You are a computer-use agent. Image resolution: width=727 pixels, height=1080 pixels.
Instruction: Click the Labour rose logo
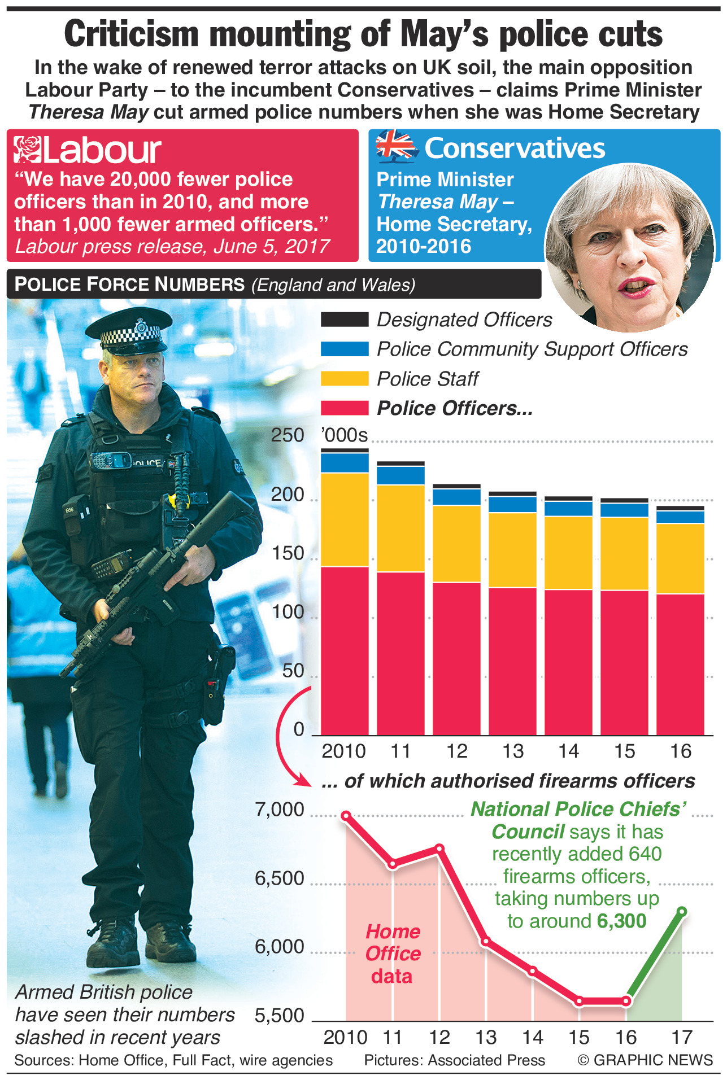[28, 149]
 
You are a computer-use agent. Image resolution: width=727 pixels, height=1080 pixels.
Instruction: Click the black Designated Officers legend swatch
[344, 320]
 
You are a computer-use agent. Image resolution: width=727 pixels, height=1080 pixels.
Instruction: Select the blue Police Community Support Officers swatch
[344, 349]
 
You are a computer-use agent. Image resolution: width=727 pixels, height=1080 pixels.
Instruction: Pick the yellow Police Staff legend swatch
[344, 378]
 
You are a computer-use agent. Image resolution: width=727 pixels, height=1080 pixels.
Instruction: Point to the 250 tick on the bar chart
[288, 435]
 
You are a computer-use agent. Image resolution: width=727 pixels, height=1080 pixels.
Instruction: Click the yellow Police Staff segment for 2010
[345, 519]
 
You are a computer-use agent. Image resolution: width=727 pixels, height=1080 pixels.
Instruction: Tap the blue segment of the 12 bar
[456, 497]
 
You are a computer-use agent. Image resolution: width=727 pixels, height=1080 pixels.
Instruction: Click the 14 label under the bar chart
[568, 751]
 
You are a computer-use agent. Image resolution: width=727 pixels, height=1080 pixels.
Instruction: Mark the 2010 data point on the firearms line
[346, 815]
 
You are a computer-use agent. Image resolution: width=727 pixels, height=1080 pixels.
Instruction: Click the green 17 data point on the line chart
[682, 911]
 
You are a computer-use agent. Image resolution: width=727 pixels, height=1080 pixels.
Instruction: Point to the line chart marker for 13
[485, 941]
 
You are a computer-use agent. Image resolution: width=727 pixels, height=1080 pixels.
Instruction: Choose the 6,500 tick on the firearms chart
[280, 878]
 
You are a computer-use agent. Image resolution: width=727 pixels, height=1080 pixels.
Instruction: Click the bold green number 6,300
[621, 921]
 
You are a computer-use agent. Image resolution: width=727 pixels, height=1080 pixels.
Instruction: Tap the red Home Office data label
[393, 954]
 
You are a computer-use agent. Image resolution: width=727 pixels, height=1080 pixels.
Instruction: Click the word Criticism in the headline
[131, 34]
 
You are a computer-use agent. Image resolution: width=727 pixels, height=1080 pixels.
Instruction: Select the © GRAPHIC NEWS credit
[645, 1060]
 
